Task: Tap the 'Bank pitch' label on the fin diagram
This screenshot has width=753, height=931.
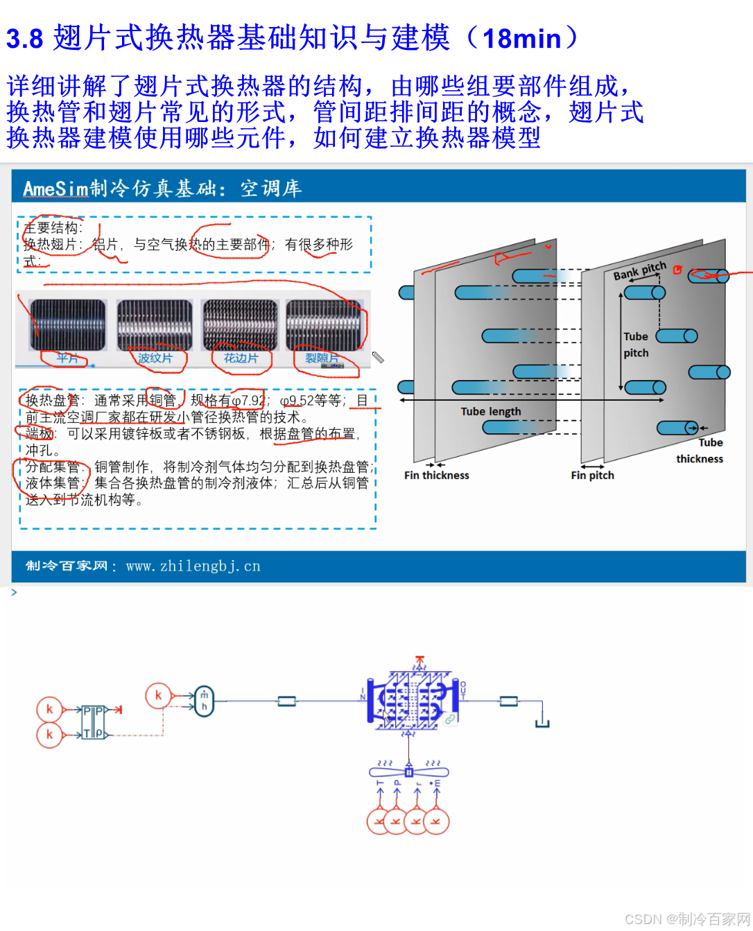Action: tap(639, 271)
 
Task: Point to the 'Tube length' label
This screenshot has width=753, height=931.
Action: tap(490, 411)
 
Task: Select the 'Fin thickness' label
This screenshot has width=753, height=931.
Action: tap(436, 476)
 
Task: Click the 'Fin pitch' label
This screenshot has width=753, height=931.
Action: tap(592, 476)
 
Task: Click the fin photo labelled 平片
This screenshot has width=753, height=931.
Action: tap(68, 324)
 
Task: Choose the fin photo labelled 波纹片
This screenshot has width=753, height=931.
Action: tap(154, 324)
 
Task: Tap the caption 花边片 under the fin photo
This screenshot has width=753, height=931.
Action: tap(241, 358)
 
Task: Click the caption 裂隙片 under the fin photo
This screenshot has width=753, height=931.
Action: tap(322, 358)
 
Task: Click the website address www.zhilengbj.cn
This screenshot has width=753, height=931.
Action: tap(193, 566)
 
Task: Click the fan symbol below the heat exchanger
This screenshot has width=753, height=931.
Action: tap(409, 772)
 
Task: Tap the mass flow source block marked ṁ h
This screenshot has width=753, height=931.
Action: tap(204, 701)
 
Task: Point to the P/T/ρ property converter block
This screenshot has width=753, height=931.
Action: tap(93, 722)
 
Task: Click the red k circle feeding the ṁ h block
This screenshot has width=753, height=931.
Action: tap(158, 695)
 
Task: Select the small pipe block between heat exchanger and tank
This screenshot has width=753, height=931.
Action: tap(508, 701)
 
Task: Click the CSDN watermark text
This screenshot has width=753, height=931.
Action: tap(687, 919)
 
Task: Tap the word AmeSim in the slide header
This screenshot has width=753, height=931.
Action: tap(55, 189)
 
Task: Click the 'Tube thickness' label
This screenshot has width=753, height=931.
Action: tap(700, 451)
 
